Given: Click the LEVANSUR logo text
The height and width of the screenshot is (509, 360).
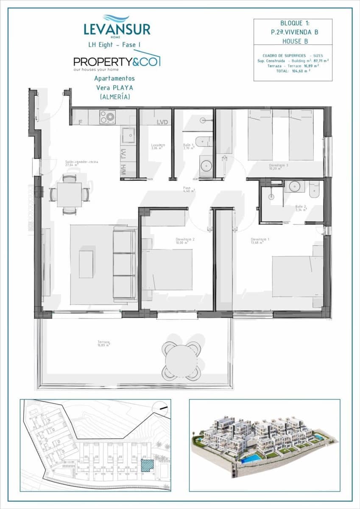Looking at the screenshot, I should (117, 29).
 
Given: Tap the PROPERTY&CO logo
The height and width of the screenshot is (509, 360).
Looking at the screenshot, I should (117, 61).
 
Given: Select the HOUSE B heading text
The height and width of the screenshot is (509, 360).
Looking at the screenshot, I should (293, 41).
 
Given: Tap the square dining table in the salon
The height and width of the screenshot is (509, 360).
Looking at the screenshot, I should (70, 195).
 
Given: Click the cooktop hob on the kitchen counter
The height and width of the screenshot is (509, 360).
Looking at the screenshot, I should (107, 117).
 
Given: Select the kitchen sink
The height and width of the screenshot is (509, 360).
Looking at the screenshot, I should (129, 135).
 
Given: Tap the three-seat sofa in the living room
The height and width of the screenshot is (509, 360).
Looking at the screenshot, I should (124, 264).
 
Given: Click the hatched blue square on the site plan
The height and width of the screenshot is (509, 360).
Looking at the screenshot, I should (147, 464).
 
